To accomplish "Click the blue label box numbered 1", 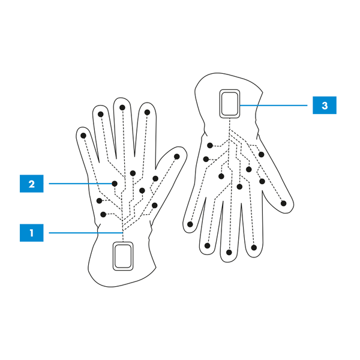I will click(x=32, y=232).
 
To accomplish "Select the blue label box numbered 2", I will click(x=32, y=183).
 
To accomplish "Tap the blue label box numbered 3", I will click(x=325, y=106).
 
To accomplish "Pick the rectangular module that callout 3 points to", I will click(x=230, y=104).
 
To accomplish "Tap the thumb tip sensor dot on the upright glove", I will click(x=177, y=157).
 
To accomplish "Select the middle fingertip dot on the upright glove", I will click(x=122, y=108).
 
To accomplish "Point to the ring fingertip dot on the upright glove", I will click(x=101, y=114).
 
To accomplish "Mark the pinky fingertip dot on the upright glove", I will click(x=83, y=136).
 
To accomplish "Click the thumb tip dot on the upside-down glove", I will click(x=283, y=203).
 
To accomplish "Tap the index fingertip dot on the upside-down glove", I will click(x=254, y=247).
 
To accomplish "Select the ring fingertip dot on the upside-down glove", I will click(x=208, y=245).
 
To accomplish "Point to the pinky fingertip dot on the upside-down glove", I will click(x=190, y=224).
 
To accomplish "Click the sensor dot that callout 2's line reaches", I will click(x=114, y=183).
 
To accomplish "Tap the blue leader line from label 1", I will click(x=84, y=232).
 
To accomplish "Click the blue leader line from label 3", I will click(x=276, y=106).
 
